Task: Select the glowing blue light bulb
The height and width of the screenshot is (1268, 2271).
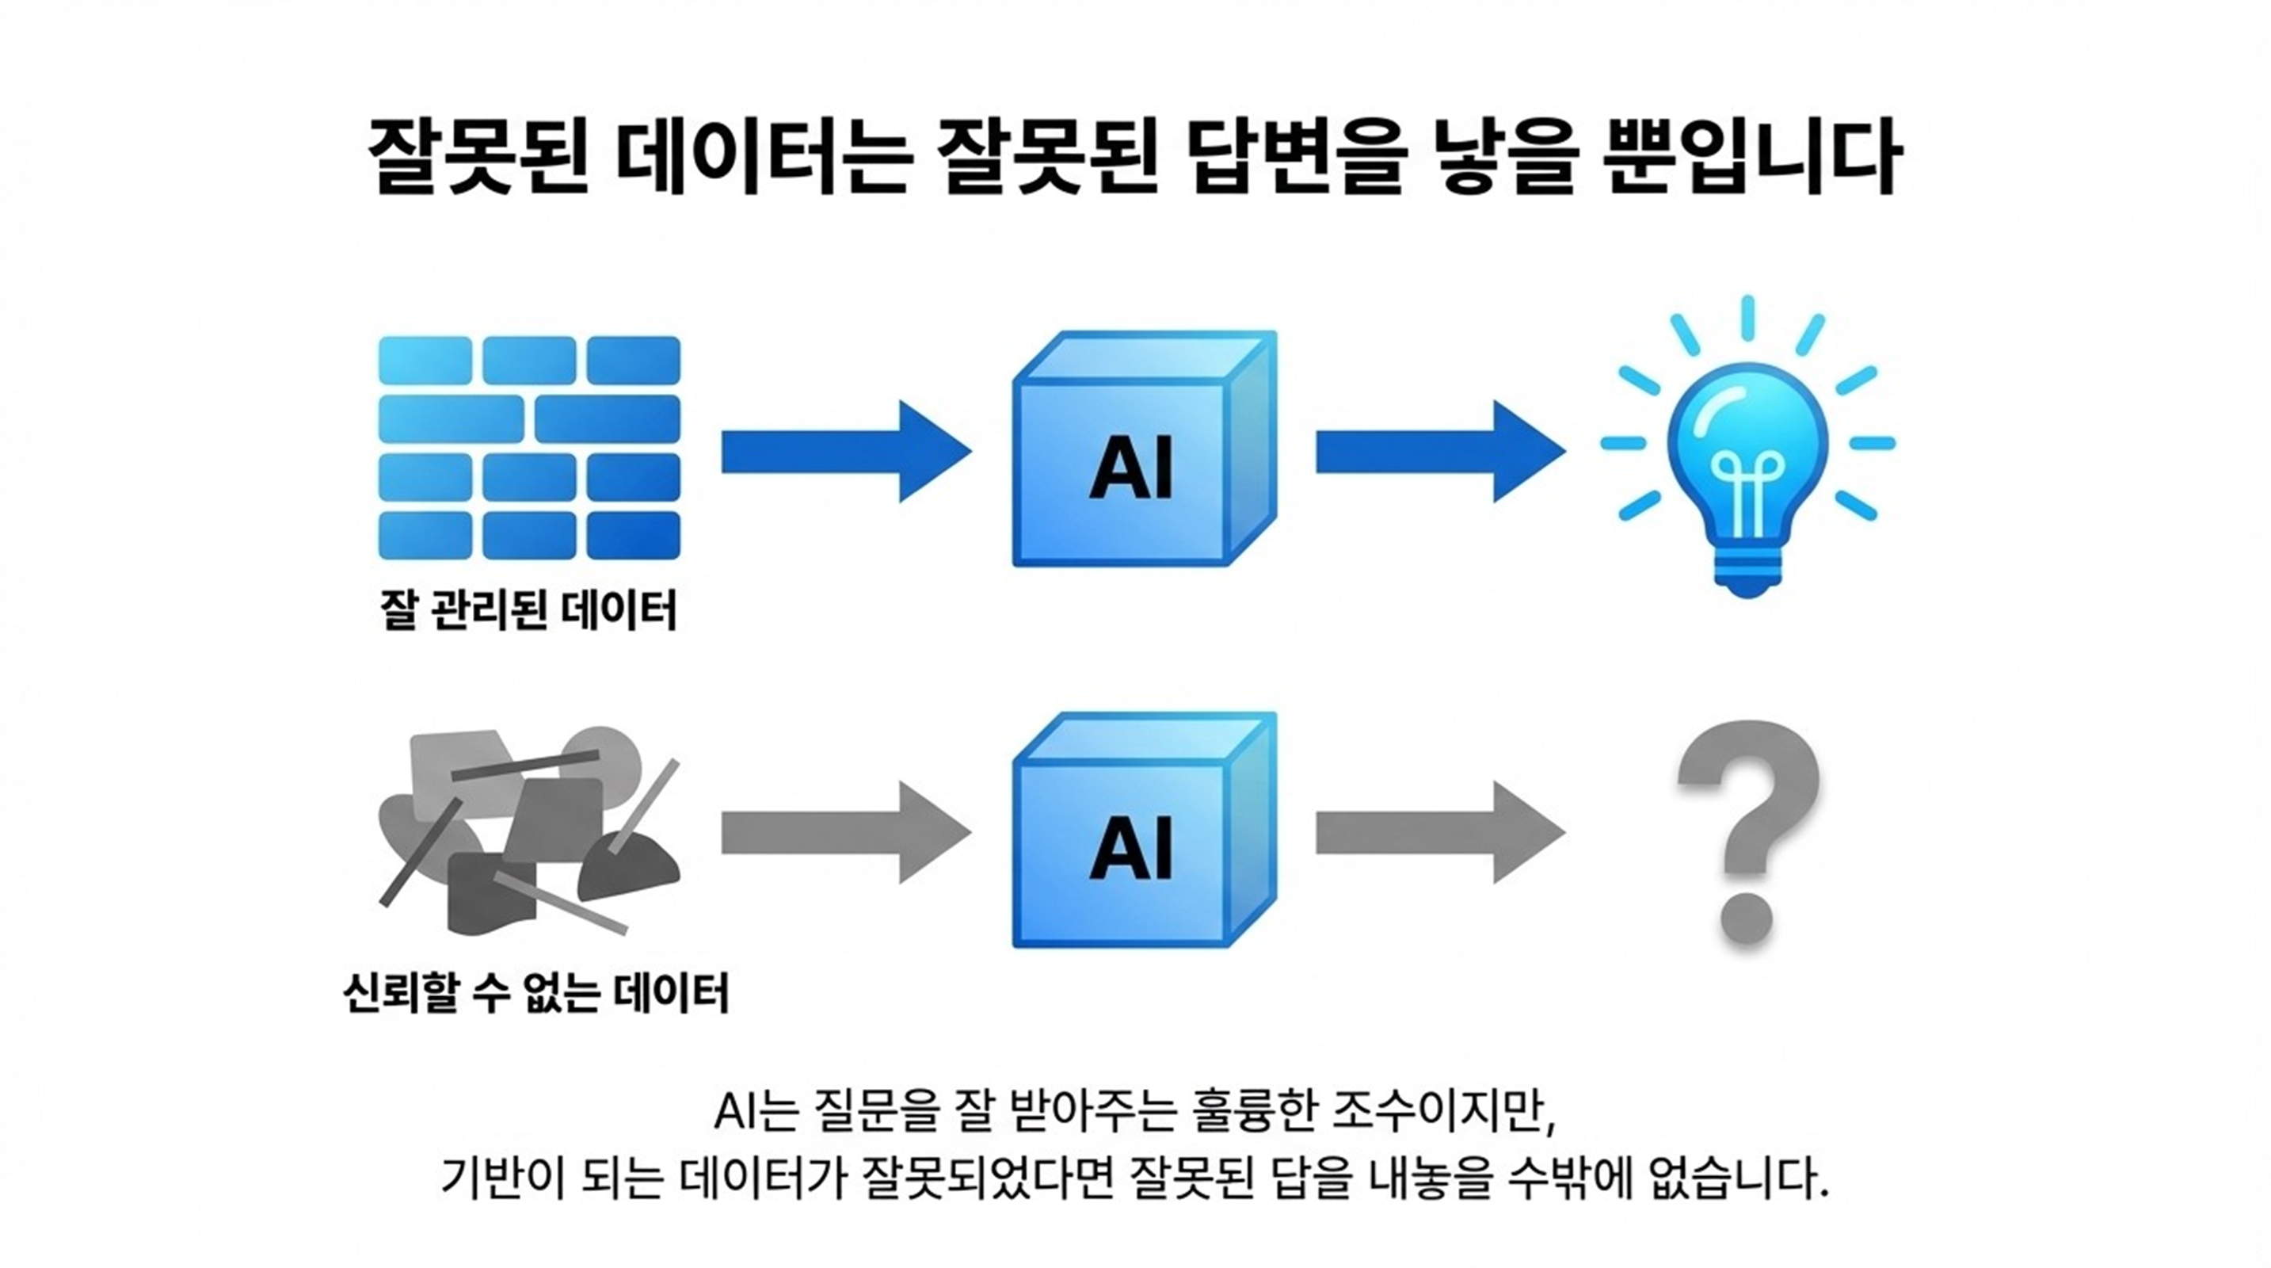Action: pos(1746,459)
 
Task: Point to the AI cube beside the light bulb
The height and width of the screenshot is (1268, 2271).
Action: pos(1144,449)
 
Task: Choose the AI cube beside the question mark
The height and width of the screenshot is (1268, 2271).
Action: pos(1144,831)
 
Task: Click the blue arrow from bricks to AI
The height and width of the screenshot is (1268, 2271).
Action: pos(844,452)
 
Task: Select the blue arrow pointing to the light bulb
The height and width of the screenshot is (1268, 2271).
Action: pos(1438,452)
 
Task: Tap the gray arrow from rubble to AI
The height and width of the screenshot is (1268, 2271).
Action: pos(844,832)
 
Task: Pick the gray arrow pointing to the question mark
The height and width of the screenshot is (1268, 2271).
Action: pos(1438,832)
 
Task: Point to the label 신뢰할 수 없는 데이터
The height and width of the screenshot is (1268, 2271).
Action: pos(535,992)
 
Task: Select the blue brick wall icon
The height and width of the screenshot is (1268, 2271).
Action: pos(529,447)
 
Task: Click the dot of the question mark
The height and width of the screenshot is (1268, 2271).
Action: pos(1747,917)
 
